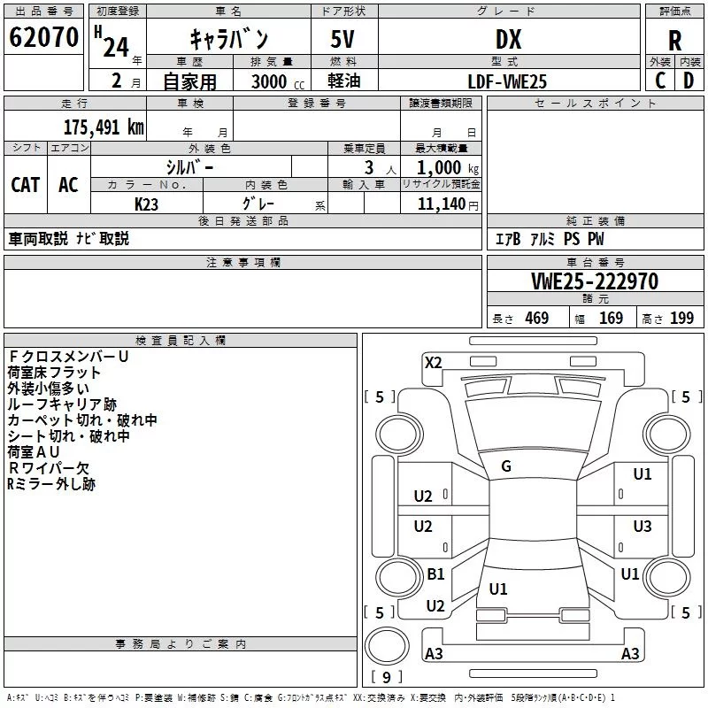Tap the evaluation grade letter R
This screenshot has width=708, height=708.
pyautogui.click(x=674, y=40)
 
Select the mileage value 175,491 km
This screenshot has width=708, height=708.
pyautogui.click(x=104, y=127)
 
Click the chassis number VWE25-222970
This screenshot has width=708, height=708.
pyautogui.click(x=594, y=281)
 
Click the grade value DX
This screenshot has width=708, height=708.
pyautogui.click(x=507, y=39)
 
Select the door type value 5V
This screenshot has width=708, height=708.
pyautogui.click(x=344, y=39)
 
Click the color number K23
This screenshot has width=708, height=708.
pyautogui.click(x=147, y=204)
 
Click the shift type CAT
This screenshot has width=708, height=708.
pyautogui.click(x=25, y=184)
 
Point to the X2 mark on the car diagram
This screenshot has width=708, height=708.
pyautogui.click(x=434, y=362)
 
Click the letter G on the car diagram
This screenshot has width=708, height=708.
pyautogui.click(x=506, y=466)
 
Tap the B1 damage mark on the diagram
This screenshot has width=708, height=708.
pyautogui.click(x=435, y=574)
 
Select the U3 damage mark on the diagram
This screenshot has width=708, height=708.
pyautogui.click(x=643, y=527)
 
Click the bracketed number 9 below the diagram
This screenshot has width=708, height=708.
pyautogui.click(x=387, y=678)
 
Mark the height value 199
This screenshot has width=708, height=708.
pyautogui.click(x=681, y=319)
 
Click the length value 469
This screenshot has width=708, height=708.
pyautogui.click(x=536, y=319)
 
